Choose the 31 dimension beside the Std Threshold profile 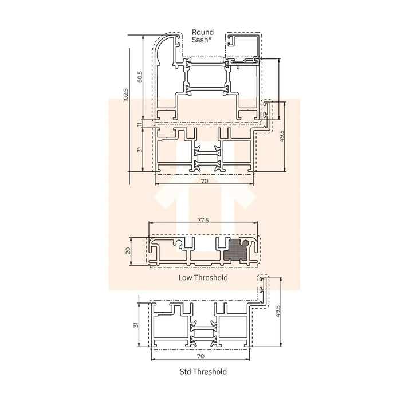[x=136, y=325]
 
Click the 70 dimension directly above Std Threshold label [x=200, y=356]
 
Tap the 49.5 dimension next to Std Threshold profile [x=278, y=312]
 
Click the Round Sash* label [x=203, y=36]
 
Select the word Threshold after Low [x=211, y=278]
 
